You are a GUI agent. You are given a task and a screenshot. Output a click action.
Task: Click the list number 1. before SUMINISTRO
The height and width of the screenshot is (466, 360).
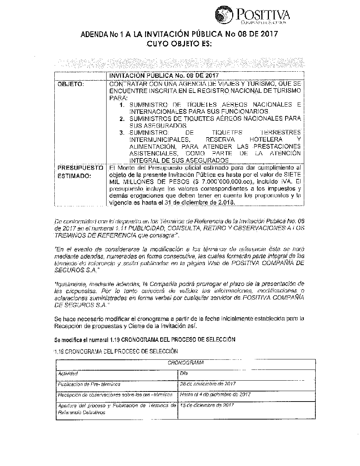tap(122, 105)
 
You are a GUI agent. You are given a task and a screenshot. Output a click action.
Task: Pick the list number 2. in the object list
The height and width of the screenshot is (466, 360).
tap(122, 119)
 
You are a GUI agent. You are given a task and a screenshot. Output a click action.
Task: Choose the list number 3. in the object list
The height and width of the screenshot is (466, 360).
tap(122, 133)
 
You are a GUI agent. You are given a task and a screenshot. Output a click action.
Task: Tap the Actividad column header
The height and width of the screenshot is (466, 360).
tap(68, 374)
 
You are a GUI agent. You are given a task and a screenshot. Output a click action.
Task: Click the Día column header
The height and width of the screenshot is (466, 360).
tap(184, 374)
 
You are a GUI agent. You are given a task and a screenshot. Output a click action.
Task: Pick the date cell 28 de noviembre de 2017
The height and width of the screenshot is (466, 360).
tap(208, 384)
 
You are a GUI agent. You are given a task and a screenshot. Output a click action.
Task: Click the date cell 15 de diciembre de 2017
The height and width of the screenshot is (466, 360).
tap(207, 405)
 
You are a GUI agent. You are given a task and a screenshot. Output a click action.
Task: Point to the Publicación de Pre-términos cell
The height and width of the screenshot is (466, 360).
tap(89, 384)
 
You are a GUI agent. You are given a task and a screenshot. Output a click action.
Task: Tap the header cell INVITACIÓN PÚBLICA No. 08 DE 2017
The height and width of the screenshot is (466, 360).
tap(164, 75)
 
